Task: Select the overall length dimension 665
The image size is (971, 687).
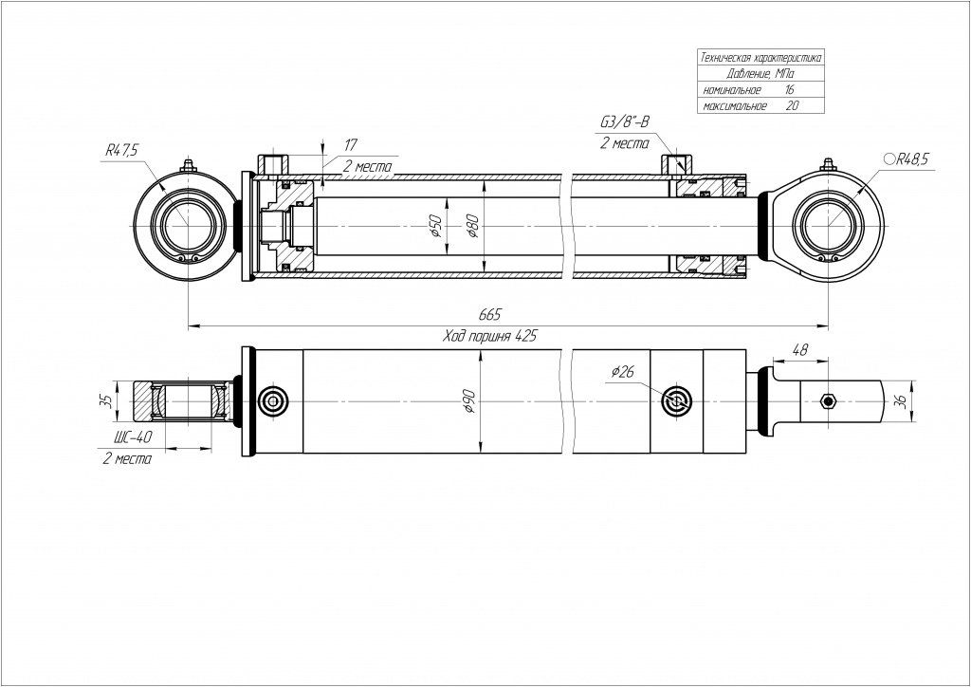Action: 489,314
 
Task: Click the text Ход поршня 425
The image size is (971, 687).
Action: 489,336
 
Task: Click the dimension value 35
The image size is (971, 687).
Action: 107,400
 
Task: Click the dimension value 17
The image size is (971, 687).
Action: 350,144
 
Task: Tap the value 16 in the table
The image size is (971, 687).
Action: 790,88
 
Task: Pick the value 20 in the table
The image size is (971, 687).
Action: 792,105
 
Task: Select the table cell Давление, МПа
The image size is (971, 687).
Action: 760,73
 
